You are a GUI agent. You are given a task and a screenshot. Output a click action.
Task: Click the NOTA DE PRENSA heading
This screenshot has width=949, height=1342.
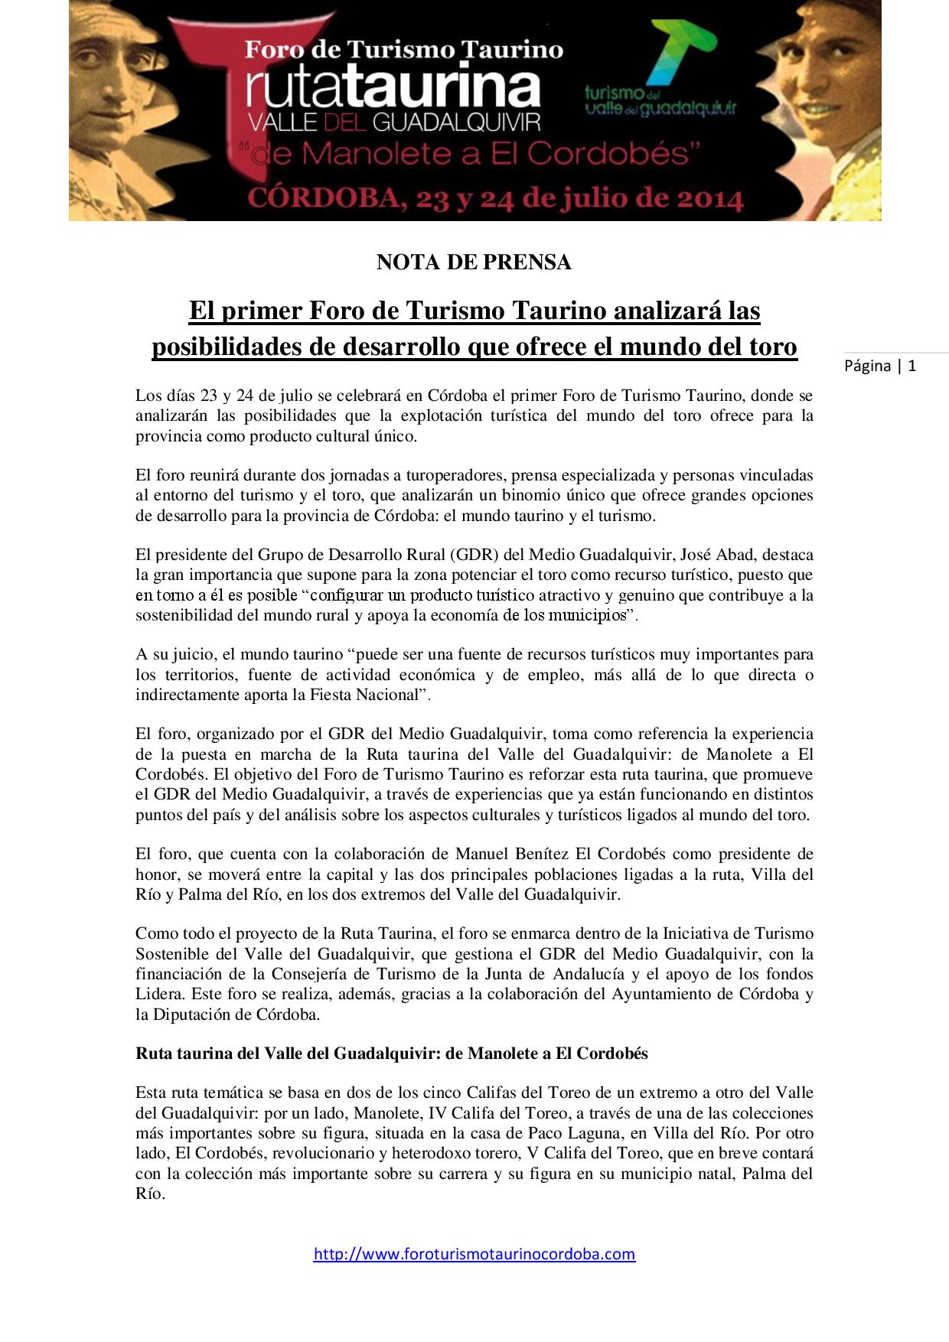[x=474, y=262]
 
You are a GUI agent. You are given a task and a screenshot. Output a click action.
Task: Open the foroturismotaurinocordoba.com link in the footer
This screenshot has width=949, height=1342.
[x=474, y=1254]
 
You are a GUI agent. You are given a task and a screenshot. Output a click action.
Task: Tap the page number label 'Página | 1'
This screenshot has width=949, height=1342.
[x=880, y=366]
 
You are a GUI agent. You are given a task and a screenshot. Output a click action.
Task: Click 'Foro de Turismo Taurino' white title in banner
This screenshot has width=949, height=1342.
[x=403, y=50]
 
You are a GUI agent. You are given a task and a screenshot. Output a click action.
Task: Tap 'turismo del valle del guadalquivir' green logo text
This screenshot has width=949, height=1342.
[x=660, y=102]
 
